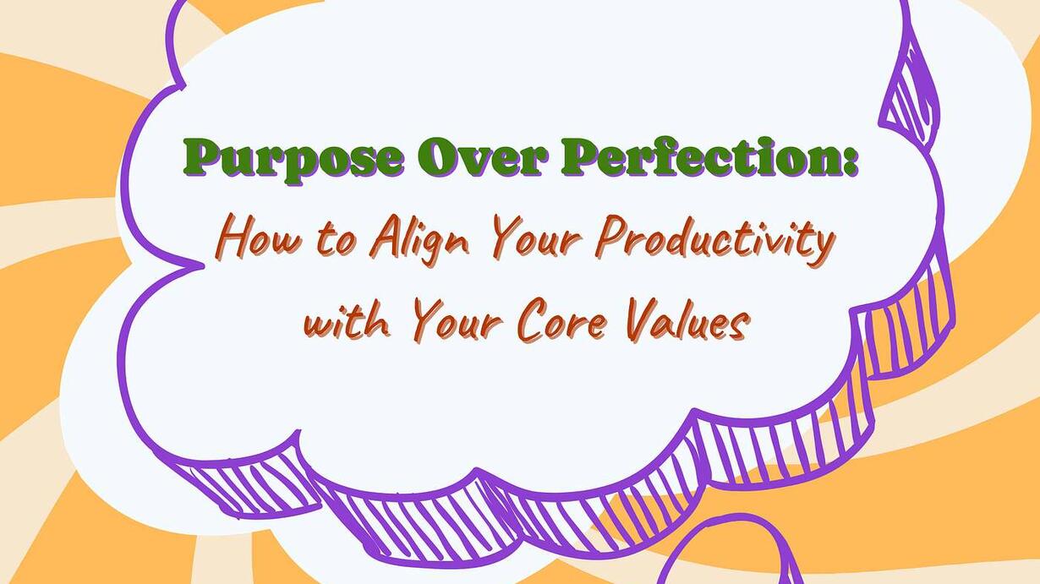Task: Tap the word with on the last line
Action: coord(347,321)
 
